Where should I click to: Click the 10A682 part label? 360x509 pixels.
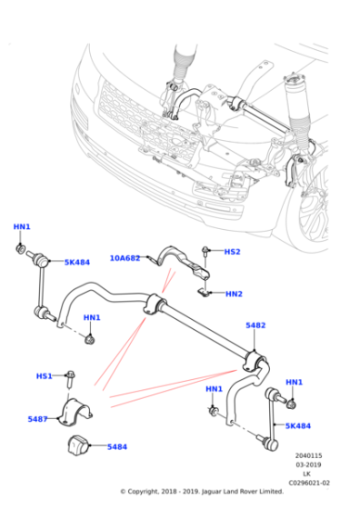click(x=125, y=258)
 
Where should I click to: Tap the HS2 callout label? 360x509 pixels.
click(x=233, y=252)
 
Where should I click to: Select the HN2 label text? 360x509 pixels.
click(x=234, y=294)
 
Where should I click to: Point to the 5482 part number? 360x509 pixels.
click(x=255, y=325)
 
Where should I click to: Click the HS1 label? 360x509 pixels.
click(x=45, y=376)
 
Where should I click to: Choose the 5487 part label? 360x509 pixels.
click(x=37, y=419)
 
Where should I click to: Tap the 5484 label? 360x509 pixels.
click(x=117, y=447)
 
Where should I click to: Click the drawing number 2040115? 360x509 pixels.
click(x=308, y=455)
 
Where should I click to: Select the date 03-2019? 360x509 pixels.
click(x=308, y=464)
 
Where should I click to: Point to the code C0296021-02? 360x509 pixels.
click(x=309, y=483)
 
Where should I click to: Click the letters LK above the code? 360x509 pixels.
click(x=306, y=474)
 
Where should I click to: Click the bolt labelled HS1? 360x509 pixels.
click(x=70, y=379)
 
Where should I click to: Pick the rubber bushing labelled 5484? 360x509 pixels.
click(x=78, y=444)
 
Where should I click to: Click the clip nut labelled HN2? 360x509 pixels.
click(x=204, y=292)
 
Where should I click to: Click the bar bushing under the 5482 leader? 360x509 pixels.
click(x=255, y=362)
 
